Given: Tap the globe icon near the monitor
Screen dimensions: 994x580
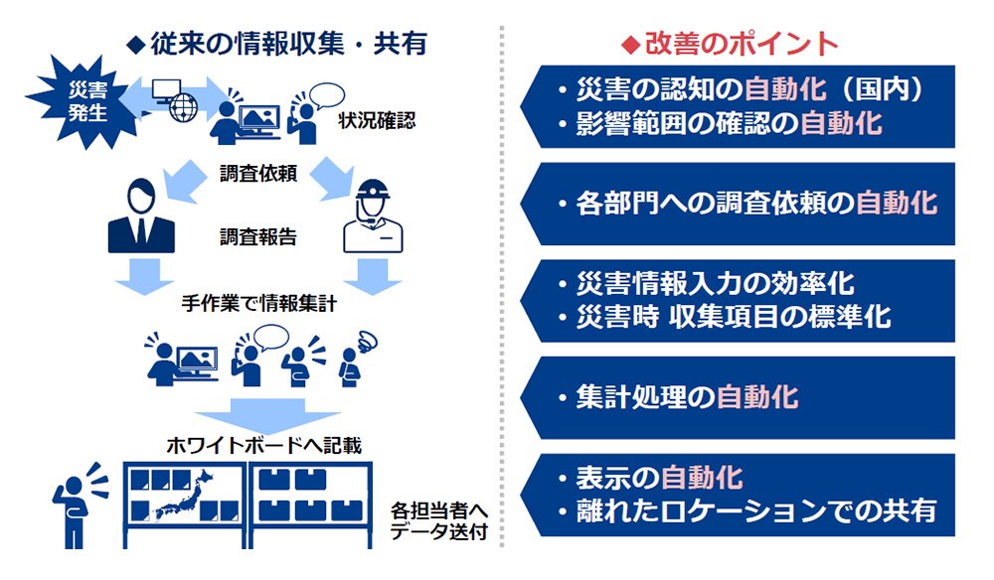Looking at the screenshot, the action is click(184, 107).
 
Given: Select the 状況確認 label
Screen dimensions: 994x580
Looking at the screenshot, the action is click(377, 120).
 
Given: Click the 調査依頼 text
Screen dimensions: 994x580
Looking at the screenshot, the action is click(258, 173).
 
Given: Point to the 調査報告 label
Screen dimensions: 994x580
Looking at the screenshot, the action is click(258, 236).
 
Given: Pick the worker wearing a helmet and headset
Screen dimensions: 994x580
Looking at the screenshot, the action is click(373, 216).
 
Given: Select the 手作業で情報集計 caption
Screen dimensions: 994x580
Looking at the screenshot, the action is click(258, 304).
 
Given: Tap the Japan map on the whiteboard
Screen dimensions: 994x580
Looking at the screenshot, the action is click(184, 497).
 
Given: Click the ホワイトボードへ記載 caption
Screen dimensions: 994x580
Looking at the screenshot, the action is click(263, 446).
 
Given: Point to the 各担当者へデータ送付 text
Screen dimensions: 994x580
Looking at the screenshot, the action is click(438, 520).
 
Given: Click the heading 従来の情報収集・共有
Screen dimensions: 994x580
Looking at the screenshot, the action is click(277, 44).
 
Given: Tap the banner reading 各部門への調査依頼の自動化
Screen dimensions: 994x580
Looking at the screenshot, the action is click(738, 204).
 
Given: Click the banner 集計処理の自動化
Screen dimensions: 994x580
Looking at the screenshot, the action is click(738, 397).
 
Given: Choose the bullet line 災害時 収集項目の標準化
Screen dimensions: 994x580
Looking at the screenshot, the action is click(725, 317).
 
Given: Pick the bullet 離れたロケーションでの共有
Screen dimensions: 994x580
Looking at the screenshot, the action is click(747, 511).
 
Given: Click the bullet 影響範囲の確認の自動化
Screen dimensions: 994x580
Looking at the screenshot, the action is click(720, 123).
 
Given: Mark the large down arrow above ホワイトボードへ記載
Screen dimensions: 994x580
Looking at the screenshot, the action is click(266, 415).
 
